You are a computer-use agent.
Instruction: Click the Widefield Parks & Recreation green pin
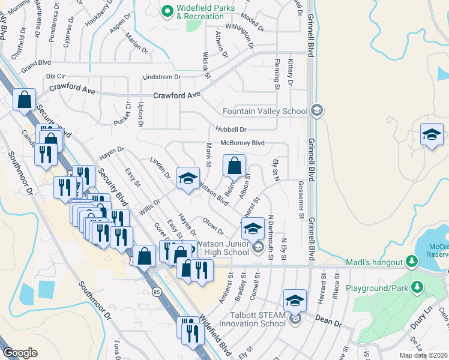click(x=168, y=10)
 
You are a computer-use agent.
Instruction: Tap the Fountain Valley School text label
click(x=265, y=111)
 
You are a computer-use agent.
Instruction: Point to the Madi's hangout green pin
click(x=411, y=262)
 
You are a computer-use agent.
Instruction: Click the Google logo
click(x=20, y=352)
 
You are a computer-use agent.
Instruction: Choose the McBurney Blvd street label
click(x=243, y=143)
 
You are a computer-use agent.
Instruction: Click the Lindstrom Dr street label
click(x=161, y=77)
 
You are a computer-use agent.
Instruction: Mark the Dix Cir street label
click(x=55, y=77)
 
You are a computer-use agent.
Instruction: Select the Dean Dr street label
click(x=330, y=322)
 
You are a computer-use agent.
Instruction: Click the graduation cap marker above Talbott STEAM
click(x=295, y=301)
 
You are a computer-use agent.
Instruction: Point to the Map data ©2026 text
click(x=424, y=354)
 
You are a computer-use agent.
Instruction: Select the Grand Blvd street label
click(x=36, y=62)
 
